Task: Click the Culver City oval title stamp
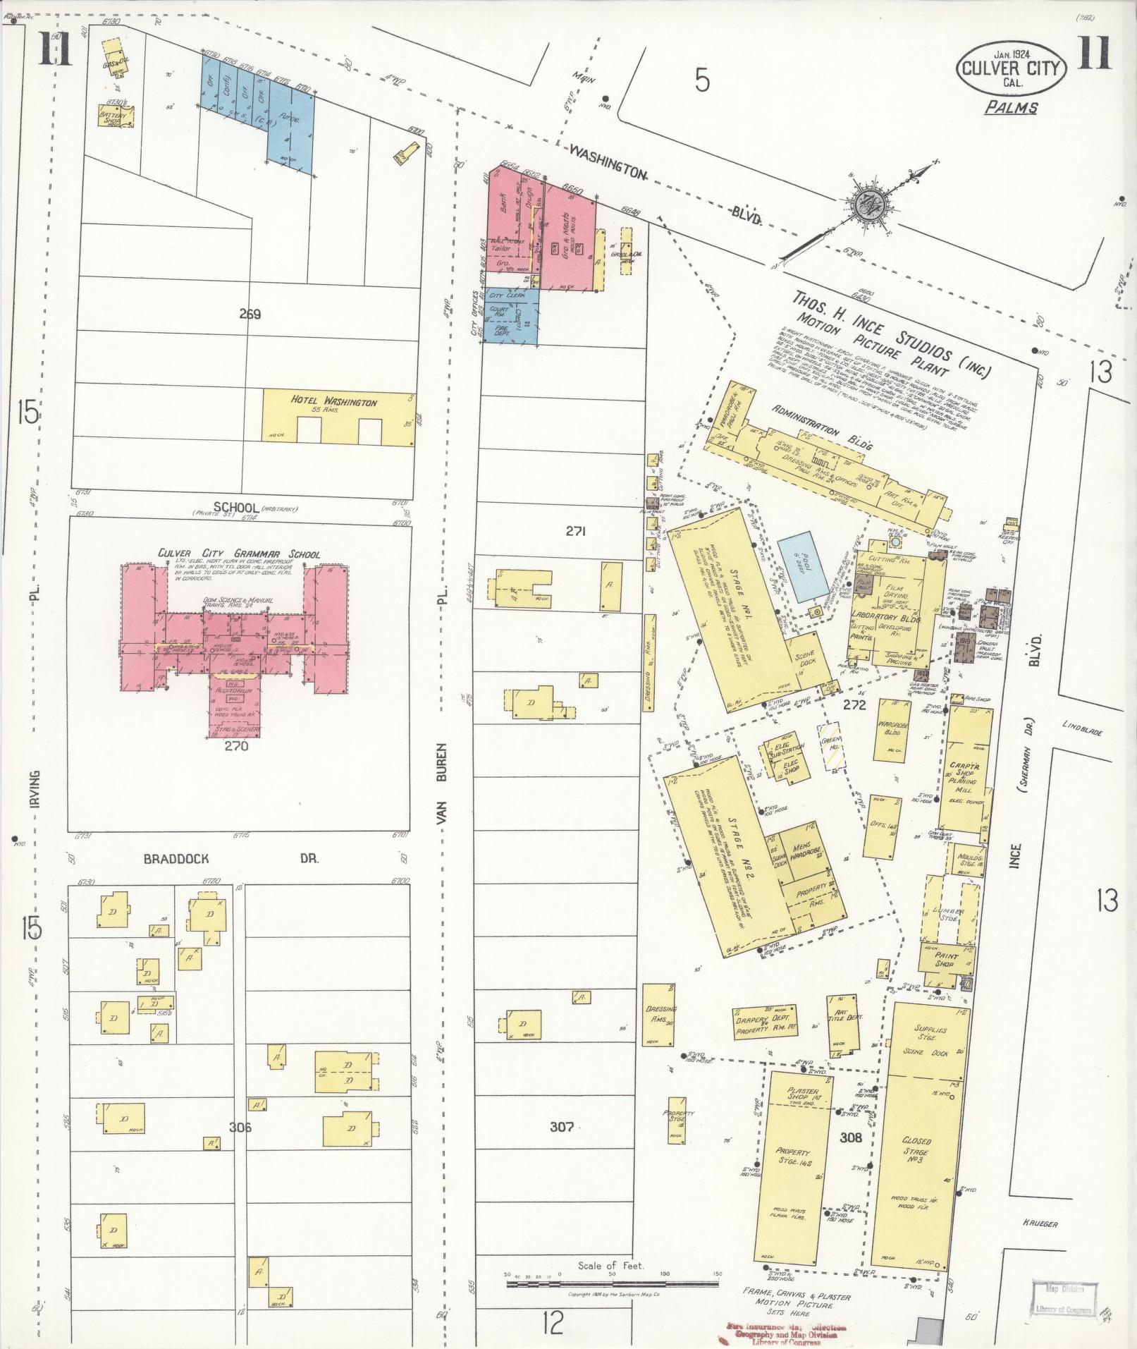pyautogui.click(x=1011, y=68)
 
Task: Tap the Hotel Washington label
pyautogui.click(x=334, y=402)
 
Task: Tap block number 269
pyautogui.click(x=250, y=315)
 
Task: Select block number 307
pyautogui.click(x=562, y=1126)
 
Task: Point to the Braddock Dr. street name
pyautogui.click(x=232, y=859)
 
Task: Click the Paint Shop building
pyautogui.click(x=945, y=964)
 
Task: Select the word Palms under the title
pyautogui.click(x=1011, y=108)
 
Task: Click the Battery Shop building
pyautogui.click(x=116, y=116)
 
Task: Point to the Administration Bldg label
pyautogui.click(x=822, y=429)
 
